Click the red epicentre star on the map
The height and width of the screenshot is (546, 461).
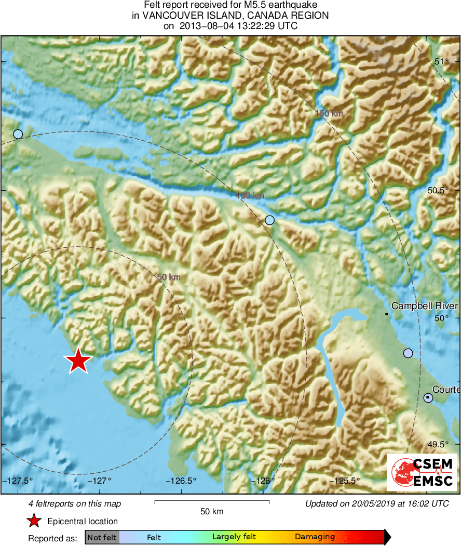point(78,361)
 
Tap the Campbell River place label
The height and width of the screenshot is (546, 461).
point(424,306)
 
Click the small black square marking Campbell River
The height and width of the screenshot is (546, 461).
point(387,314)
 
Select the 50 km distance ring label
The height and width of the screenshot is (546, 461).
point(169,277)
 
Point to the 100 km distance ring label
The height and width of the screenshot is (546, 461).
point(250,196)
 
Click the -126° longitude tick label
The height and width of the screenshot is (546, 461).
point(264,481)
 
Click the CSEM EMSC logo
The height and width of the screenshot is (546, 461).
point(422,472)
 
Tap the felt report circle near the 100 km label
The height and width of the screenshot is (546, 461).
point(269,220)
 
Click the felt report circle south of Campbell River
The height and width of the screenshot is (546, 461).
point(408,353)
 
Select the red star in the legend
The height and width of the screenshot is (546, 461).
point(34,521)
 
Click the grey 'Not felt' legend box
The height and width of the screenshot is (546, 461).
point(102,537)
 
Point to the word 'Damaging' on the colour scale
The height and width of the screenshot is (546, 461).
point(315,537)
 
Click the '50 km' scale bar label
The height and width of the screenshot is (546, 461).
point(212,512)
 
